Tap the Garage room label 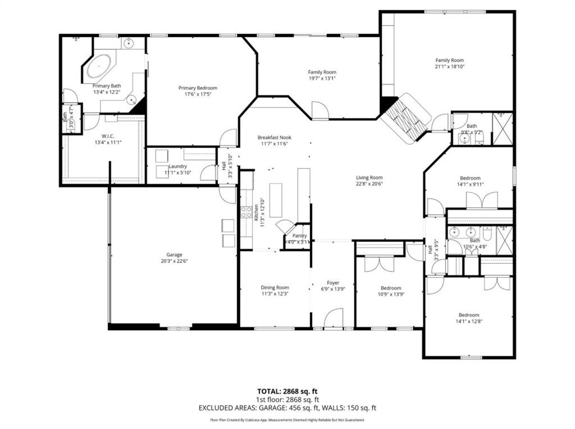tap(174, 254)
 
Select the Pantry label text tap(299, 236)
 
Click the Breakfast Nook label tap(275, 138)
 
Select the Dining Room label tap(275, 287)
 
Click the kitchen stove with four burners tap(246, 212)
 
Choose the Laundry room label tap(177, 167)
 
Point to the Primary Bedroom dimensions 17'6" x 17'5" tap(198, 95)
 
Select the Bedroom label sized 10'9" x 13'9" tap(390, 287)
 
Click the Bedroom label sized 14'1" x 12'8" tap(468, 315)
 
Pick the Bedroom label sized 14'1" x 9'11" tap(469, 178)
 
